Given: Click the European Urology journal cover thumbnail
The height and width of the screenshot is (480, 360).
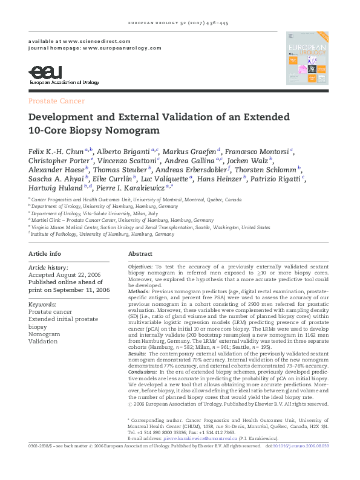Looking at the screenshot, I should [307, 58].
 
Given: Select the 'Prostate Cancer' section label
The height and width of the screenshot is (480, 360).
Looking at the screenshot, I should [56, 101].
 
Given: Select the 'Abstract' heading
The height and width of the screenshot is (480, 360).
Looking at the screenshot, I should [140, 254].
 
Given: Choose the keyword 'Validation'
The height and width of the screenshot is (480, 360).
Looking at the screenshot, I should [42, 342].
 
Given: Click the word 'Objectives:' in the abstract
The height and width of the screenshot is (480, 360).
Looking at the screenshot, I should [140, 267].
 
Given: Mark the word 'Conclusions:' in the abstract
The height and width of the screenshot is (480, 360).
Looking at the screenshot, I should [143, 372].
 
